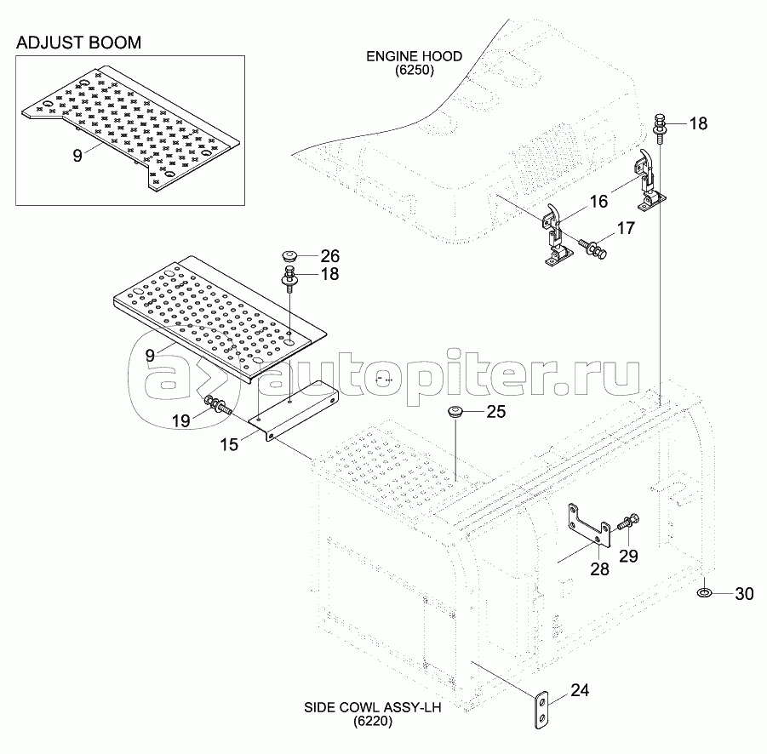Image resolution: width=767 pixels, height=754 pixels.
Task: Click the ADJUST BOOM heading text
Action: click(x=77, y=42)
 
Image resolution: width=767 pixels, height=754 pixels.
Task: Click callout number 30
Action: click(x=743, y=595)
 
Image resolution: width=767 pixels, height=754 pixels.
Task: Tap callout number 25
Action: click(x=496, y=413)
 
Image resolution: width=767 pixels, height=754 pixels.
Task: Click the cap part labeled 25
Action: click(x=455, y=414)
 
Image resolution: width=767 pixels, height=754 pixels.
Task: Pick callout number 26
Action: click(x=329, y=254)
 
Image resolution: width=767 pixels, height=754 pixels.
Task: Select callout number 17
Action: click(x=627, y=228)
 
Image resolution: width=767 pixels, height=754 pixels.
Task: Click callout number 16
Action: click(x=599, y=201)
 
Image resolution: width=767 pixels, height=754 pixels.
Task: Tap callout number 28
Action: click(x=599, y=569)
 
